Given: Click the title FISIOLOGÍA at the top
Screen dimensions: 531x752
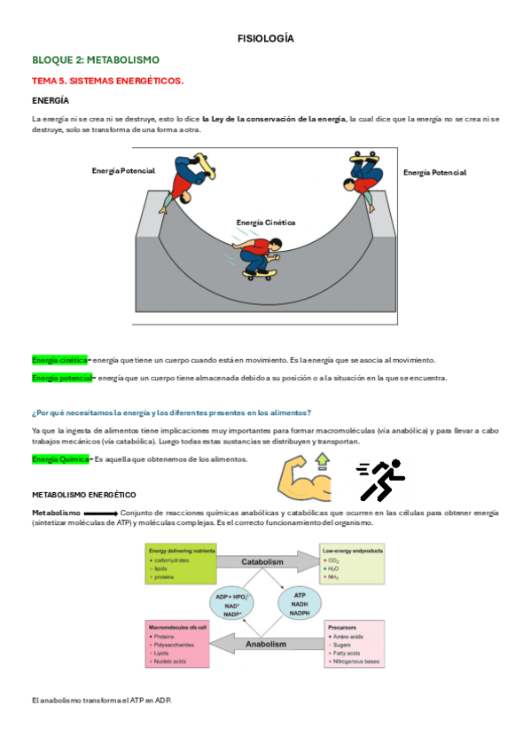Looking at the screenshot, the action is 265,39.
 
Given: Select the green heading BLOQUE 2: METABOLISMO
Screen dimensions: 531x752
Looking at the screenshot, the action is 96,59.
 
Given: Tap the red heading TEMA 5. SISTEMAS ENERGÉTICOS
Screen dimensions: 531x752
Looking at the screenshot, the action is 108,81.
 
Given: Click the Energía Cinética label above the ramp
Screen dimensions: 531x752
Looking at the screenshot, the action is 266,223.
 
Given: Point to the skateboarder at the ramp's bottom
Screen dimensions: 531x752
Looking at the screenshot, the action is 256,258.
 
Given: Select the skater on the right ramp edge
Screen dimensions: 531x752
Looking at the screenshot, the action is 363,172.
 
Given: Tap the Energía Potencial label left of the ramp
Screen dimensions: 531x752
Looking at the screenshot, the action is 123,170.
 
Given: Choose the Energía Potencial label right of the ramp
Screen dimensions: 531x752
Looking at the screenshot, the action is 434,173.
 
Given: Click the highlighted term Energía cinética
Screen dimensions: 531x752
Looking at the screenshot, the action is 59,360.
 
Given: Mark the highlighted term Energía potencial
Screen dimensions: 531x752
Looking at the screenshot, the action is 61,378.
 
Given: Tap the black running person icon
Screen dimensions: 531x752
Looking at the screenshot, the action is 381,481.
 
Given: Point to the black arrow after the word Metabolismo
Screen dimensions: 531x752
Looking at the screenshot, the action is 100,513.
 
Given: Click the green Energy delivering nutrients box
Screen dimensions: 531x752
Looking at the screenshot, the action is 181,564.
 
